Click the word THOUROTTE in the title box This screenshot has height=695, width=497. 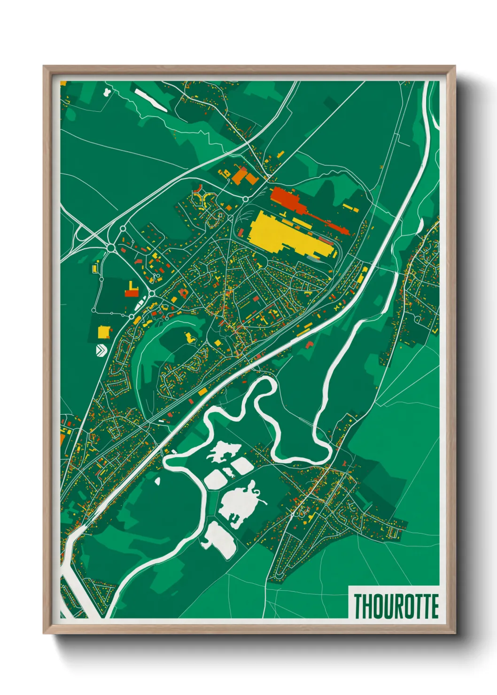pyautogui.click(x=396, y=606)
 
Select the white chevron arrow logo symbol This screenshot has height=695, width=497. pyautogui.click(x=101, y=350)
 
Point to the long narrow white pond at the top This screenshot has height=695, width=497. pyautogui.click(x=150, y=100)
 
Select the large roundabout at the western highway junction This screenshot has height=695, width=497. pyautogui.click(x=111, y=247)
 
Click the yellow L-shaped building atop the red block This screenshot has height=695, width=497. pyautogui.click(x=130, y=286)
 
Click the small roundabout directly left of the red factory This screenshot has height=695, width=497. pyautogui.click(x=245, y=199)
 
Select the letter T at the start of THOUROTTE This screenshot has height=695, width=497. pyautogui.click(x=358, y=606)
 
